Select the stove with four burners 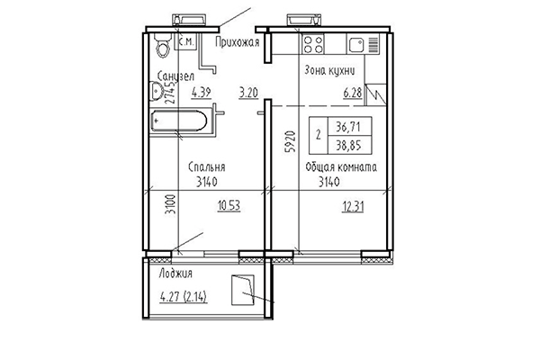click(314, 44)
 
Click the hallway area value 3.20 click(248, 90)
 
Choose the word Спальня click(206, 167)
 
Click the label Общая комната click(341, 167)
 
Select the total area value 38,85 click(346, 145)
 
